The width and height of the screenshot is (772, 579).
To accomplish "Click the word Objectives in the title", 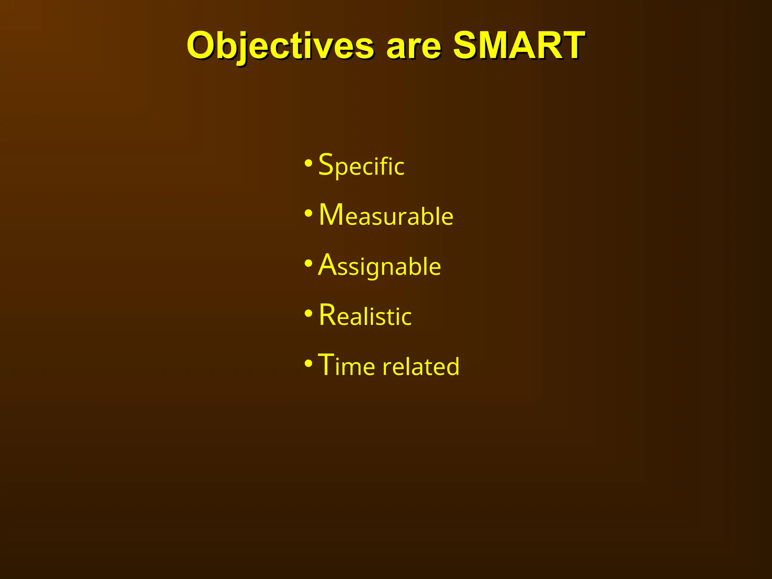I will pos(280,46).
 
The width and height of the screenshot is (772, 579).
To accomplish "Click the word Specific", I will pos(361,165).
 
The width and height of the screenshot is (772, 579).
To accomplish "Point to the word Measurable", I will pos(386,215).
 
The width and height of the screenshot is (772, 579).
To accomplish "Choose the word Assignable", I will pos(379,266).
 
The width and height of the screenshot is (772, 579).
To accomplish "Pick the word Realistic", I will pos(365,316).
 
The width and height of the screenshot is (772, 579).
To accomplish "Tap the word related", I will pos(421,366).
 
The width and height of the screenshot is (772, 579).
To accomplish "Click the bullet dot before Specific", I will pos(308,164).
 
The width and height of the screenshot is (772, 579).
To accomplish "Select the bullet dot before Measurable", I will pos(308,214).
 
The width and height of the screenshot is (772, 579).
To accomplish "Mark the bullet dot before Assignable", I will pos(308,264).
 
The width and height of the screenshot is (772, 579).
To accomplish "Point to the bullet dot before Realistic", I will pos(308,314).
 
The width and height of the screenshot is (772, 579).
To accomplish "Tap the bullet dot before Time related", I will pos(308,364).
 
